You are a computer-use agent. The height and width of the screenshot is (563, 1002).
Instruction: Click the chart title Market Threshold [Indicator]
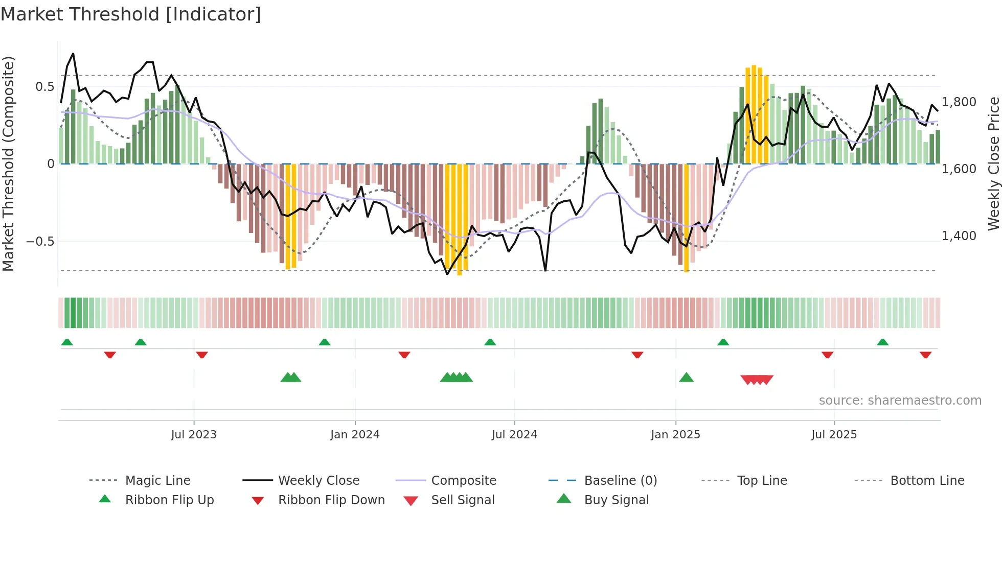point(131,14)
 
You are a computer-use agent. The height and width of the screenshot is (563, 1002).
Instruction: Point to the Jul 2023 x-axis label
point(194,435)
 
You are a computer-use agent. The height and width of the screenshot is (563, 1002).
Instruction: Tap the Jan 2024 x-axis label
point(355,435)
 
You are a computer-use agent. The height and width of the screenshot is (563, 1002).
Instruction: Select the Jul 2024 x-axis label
point(514,435)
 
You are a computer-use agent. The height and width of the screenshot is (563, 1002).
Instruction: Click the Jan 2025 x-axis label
point(675,435)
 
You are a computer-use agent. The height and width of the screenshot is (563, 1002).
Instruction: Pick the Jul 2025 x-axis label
point(834,435)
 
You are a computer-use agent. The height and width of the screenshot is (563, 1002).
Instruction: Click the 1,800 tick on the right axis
point(959,102)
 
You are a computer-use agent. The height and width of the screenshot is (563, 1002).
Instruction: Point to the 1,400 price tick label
point(959,236)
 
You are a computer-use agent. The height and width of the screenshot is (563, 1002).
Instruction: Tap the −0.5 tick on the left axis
point(40,242)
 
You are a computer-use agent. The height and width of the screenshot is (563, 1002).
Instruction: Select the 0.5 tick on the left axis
point(44,87)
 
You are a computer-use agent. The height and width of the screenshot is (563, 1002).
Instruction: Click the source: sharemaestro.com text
point(900,401)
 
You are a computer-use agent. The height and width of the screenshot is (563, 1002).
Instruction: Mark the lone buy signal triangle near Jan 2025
point(686,378)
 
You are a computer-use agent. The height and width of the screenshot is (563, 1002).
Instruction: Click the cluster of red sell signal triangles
point(757,380)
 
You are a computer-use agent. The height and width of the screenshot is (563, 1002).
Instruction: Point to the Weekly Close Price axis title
point(993,163)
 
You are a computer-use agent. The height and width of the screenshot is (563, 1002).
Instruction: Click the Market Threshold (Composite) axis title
point(8,163)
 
